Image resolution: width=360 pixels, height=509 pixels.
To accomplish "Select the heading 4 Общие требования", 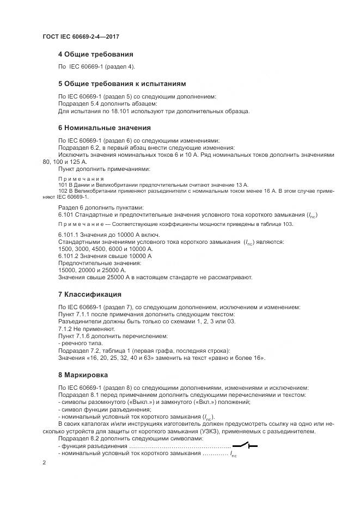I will tap(95, 54).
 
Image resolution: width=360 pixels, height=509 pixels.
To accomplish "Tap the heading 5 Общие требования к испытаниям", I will tap(122, 84).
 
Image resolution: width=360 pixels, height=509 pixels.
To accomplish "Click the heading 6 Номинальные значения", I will tap(104, 128).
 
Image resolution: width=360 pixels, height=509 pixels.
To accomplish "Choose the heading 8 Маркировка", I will tap(83, 375).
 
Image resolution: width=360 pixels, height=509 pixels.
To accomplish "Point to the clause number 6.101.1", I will tap(70, 234).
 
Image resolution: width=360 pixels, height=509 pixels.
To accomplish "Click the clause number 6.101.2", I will tap(70, 255).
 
